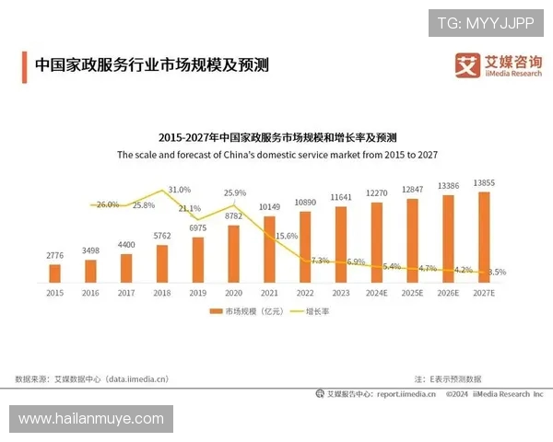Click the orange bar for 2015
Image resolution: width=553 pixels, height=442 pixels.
tap(54, 273)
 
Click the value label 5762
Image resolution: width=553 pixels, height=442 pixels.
tap(162, 237)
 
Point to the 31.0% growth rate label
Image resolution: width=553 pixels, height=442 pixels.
tap(180, 189)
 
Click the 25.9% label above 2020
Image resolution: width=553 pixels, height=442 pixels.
tap(235, 192)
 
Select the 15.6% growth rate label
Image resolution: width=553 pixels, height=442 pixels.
tap(287, 236)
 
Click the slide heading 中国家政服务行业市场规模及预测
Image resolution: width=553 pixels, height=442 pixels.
tap(151, 64)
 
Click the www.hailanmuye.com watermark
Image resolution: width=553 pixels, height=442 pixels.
tap(90, 419)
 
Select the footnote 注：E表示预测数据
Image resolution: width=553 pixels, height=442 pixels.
tap(448, 378)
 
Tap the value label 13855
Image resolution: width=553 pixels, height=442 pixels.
tap(485, 183)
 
